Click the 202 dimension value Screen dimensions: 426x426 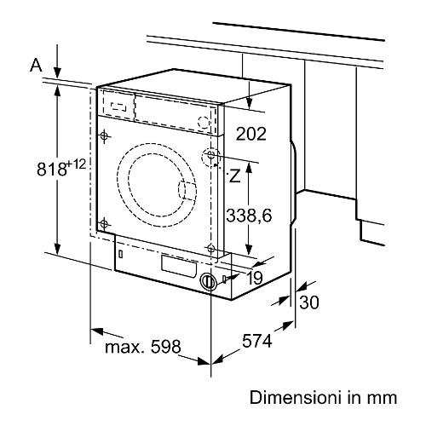(x=251, y=134)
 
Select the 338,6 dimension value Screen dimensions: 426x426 (x=249, y=215)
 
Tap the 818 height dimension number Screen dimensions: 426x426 (x=51, y=170)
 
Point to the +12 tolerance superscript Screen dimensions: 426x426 (x=76, y=164)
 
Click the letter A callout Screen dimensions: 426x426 (x=36, y=66)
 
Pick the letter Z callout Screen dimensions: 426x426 (x=234, y=176)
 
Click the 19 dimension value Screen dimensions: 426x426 (x=255, y=278)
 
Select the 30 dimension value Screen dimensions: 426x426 (x=309, y=302)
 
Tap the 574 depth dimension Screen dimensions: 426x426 (x=257, y=341)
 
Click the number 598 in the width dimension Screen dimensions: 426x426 (x=165, y=347)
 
